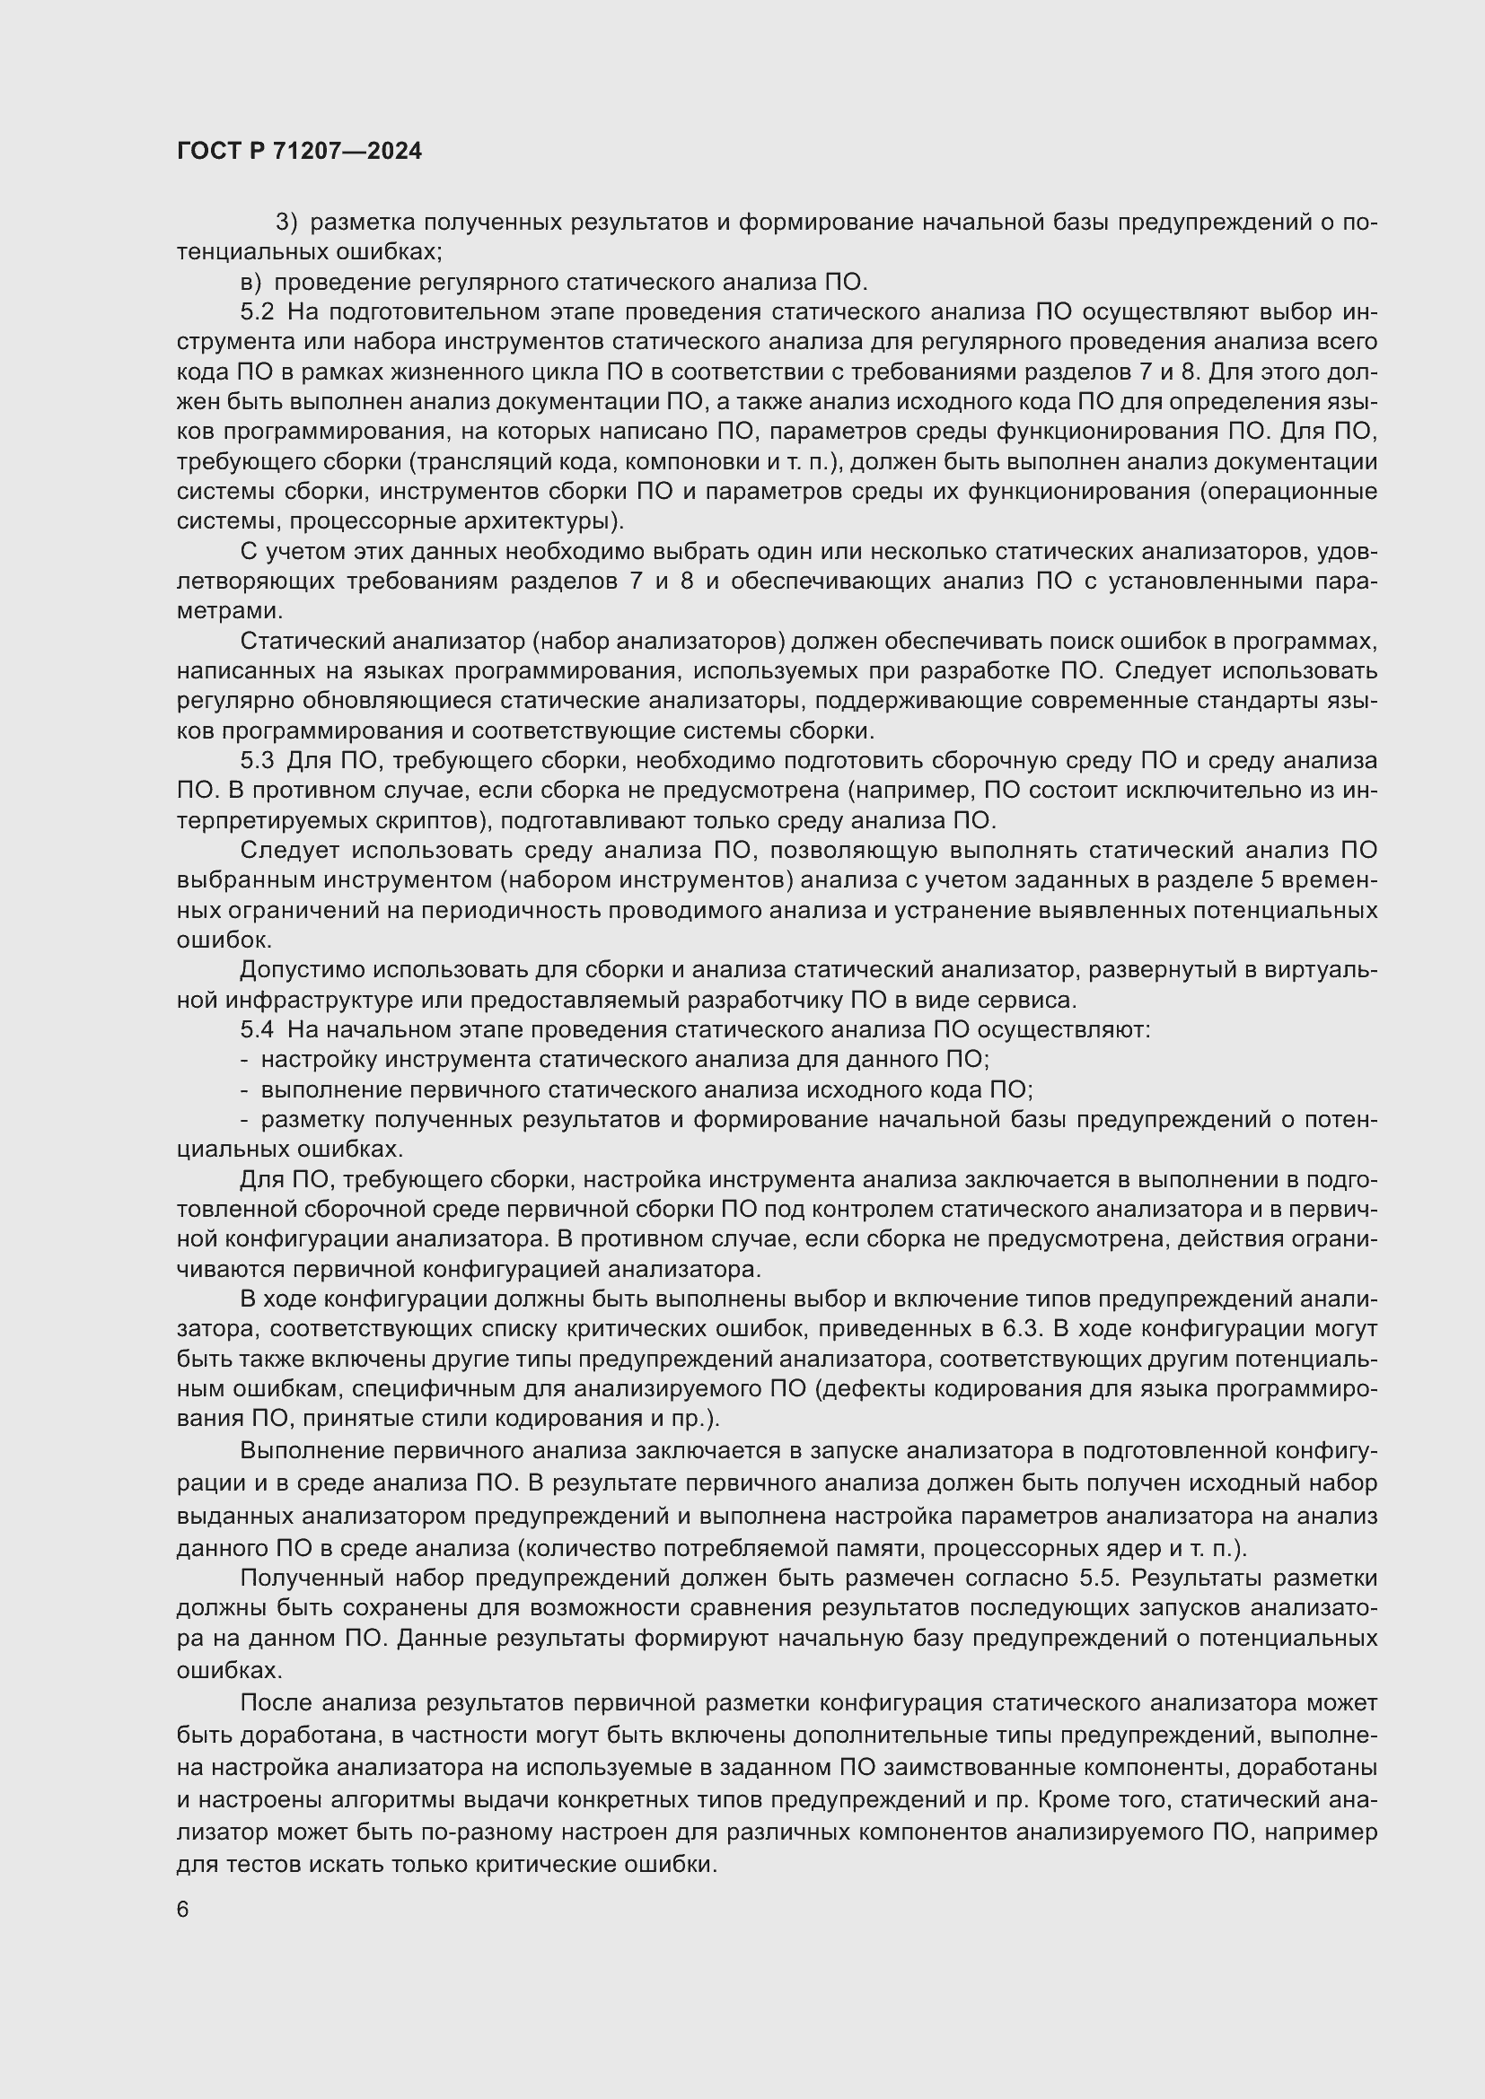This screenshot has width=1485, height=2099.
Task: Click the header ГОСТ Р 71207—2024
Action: (x=299, y=152)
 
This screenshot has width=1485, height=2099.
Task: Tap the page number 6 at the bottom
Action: (x=183, y=1910)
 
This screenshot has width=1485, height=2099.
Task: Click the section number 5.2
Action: (x=257, y=311)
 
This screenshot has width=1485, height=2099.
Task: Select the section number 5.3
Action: (x=257, y=761)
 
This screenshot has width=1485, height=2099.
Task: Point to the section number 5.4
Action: (x=257, y=1029)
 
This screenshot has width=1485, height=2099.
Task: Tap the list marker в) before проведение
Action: (x=250, y=282)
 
